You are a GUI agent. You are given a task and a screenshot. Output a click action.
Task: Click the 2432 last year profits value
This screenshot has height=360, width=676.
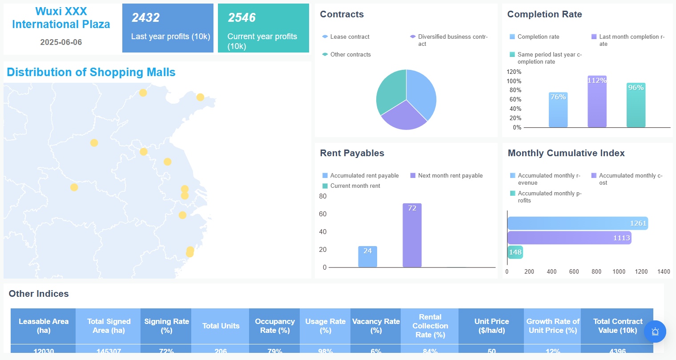(145, 18)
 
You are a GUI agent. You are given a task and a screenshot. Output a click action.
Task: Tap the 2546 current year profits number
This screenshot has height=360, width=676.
(241, 18)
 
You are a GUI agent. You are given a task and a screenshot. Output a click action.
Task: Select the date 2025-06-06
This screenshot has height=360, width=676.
(61, 42)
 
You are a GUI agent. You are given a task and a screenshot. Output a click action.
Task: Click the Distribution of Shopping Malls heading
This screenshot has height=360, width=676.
(91, 72)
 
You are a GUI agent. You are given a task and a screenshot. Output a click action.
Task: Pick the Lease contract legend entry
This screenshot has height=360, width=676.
(350, 37)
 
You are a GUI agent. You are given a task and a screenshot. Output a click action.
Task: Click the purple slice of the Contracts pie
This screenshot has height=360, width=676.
(403, 116)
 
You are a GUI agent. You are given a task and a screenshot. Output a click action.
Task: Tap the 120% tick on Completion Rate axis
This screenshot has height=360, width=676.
(514, 72)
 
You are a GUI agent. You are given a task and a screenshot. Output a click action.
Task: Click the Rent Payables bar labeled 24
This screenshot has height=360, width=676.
(367, 257)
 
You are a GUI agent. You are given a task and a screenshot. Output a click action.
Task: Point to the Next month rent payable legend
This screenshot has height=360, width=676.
(450, 176)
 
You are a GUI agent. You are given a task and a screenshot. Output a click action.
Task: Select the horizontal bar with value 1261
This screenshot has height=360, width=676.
(577, 223)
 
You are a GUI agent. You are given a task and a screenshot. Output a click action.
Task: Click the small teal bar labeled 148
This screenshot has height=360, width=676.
(515, 252)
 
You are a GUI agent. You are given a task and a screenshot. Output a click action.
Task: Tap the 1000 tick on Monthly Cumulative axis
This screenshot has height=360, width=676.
(619, 271)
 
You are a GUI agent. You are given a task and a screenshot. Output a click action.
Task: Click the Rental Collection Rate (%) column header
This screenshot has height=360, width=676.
(430, 326)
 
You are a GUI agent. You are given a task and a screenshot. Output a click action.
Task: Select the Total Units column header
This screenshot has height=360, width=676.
(221, 326)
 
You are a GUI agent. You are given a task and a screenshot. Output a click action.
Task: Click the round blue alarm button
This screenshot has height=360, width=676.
(655, 332)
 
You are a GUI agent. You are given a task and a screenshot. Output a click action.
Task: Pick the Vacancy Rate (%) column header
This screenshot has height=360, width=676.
(376, 326)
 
